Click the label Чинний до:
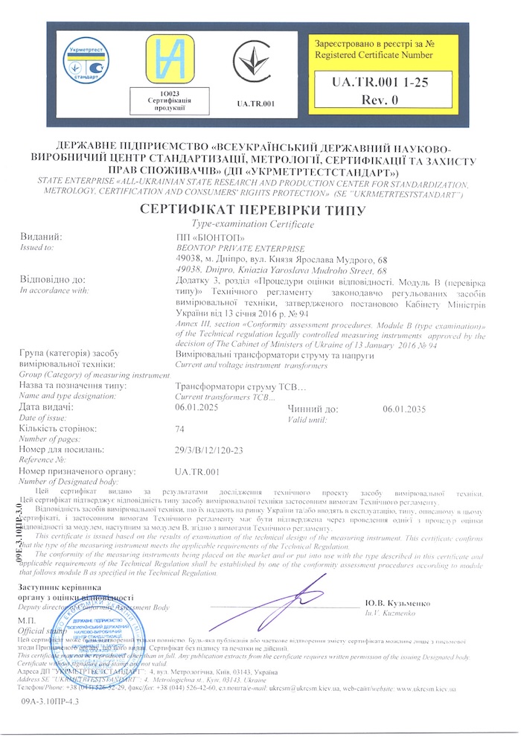click(313, 409)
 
